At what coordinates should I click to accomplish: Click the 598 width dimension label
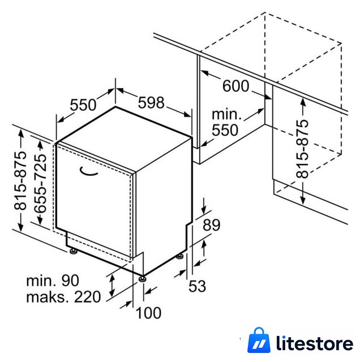point(151,103)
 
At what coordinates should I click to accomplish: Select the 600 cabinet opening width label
point(235,86)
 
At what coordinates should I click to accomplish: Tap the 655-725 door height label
point(40,183)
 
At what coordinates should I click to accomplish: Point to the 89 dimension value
point(212,225)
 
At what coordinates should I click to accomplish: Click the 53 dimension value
point(197,286)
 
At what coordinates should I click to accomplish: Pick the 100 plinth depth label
point(148,313)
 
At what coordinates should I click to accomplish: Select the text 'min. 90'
point(53,281)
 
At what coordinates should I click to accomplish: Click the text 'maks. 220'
point(63,297)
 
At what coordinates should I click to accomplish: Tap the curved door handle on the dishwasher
point(88,172)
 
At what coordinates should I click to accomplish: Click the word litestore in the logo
point(315,344)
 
